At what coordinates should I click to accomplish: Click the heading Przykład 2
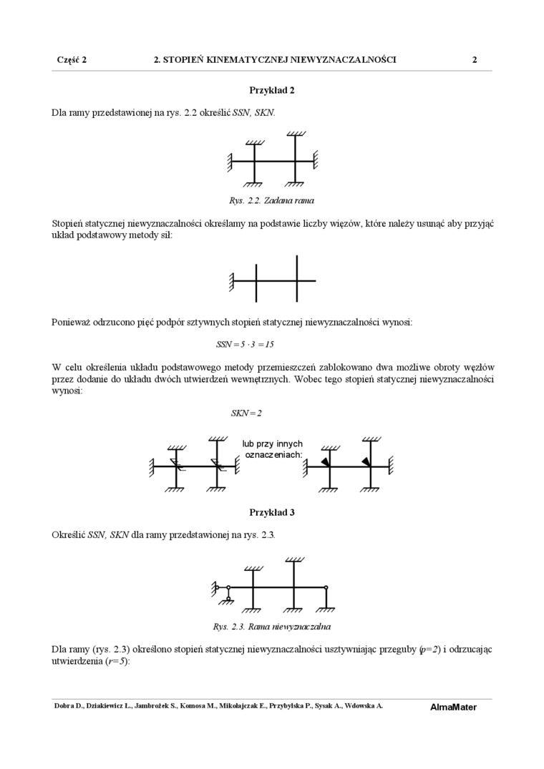tap(271, 90)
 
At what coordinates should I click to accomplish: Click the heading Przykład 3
tap(271, 512)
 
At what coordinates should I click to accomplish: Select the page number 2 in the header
tap(474, 60)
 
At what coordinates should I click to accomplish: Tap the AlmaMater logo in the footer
tap(453, 707)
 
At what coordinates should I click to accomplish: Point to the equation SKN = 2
tap(246, 413)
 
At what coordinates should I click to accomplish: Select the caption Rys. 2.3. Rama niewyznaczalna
tap(271, 627)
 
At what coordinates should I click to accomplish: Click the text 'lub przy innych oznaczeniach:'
tap(273, 449)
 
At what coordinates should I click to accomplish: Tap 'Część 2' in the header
tap(72, 60)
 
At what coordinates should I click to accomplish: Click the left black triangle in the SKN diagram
tap(326, 462)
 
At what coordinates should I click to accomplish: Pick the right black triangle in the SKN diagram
tap(366, 461)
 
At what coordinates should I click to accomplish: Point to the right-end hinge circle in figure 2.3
tap(326, 587)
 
